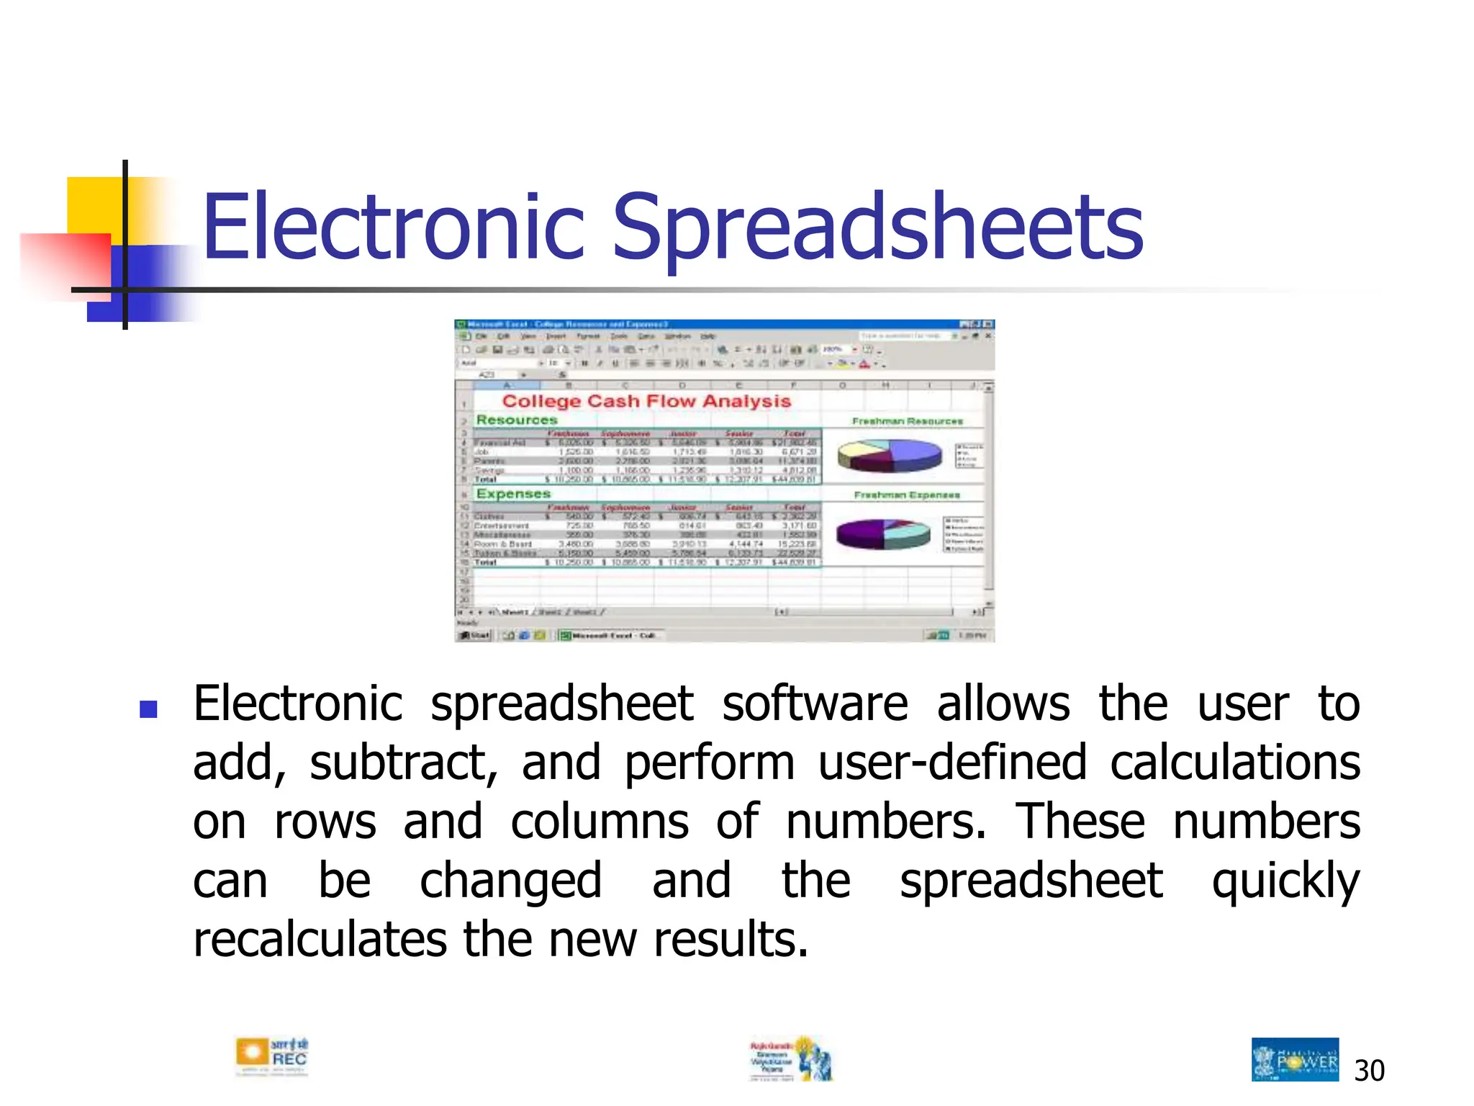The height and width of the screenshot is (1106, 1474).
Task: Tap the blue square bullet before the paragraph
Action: pyautogui.click(x=148, y=710)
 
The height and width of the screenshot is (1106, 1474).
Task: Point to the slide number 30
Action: pyautogui.click(x=1368, y=1071)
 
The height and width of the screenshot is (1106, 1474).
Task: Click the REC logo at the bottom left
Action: pyautogui.click(x=271, y=1057)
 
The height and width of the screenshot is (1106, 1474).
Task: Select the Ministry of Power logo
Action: pyautogui.click(x=1294, y=1059)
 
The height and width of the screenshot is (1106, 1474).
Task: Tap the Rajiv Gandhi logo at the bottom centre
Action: pyautogui.click(x=791, y=1059)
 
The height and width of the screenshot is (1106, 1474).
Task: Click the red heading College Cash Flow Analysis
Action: pyautogui.click(x=646, y=401)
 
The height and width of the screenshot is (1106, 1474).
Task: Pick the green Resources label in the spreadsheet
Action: pyautogui.click(x=517, y=420)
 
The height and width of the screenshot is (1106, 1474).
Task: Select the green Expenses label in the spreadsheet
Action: pyautogui.click(x=513, y=494)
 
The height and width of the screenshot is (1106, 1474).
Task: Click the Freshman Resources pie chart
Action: pyautogui.click(x=889, y=455)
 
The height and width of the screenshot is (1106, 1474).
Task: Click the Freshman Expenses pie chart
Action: pyautogui.click(x=883, y=534)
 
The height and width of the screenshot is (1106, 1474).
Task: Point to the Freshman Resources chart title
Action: pyautogui.click(x=907, y=421)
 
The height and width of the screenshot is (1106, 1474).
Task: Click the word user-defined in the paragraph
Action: pyautogui.click(x=952, y=763)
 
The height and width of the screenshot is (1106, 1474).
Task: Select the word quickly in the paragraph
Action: pyautogui.click(x=1285, y=881)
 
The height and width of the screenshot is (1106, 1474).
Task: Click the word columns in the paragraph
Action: pyautogui.click(x=599, y=822)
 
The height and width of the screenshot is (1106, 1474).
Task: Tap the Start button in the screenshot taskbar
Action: pyautogui.click(x=475, y=635)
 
